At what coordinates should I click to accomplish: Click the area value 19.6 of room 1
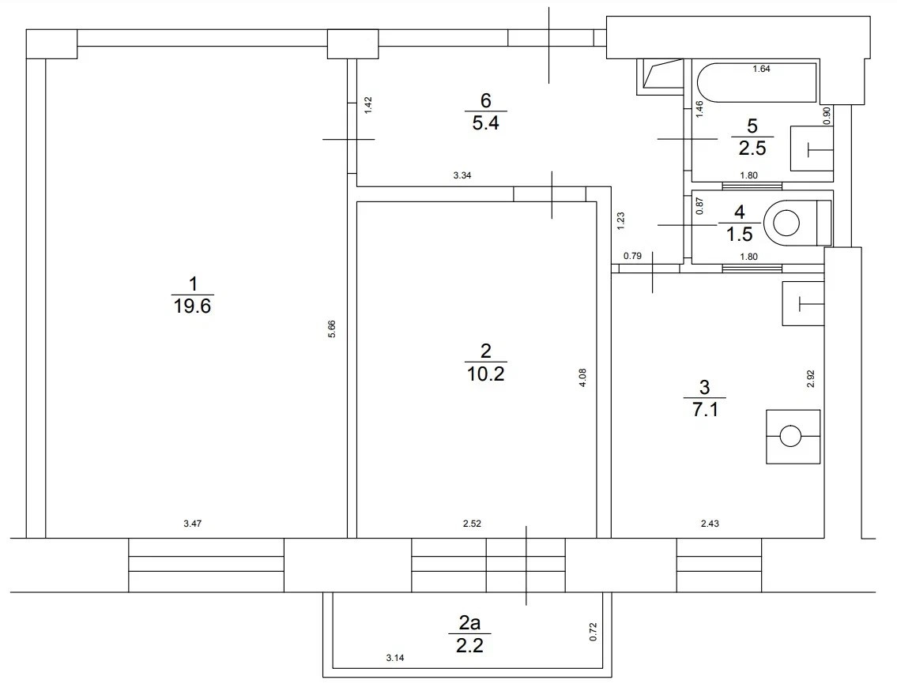[192, 306]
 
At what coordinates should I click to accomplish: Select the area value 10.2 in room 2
[485, 374]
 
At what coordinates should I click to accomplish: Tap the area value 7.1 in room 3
[704, 409]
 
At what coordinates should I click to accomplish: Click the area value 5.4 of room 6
[485, 124]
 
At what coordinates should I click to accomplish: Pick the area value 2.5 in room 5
[752, 149]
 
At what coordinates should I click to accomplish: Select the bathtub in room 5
[756, 83]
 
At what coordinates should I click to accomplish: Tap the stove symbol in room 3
[792, 436]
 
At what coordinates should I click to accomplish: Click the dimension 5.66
[333, 329]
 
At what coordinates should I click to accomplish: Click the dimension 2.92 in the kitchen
[810, 377]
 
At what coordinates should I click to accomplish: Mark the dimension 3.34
[462, 175]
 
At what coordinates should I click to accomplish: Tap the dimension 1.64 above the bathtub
[760, 69]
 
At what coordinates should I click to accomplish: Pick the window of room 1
[205, 565]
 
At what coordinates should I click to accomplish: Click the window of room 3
[719, 565]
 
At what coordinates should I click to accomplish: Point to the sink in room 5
[812, 148]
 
